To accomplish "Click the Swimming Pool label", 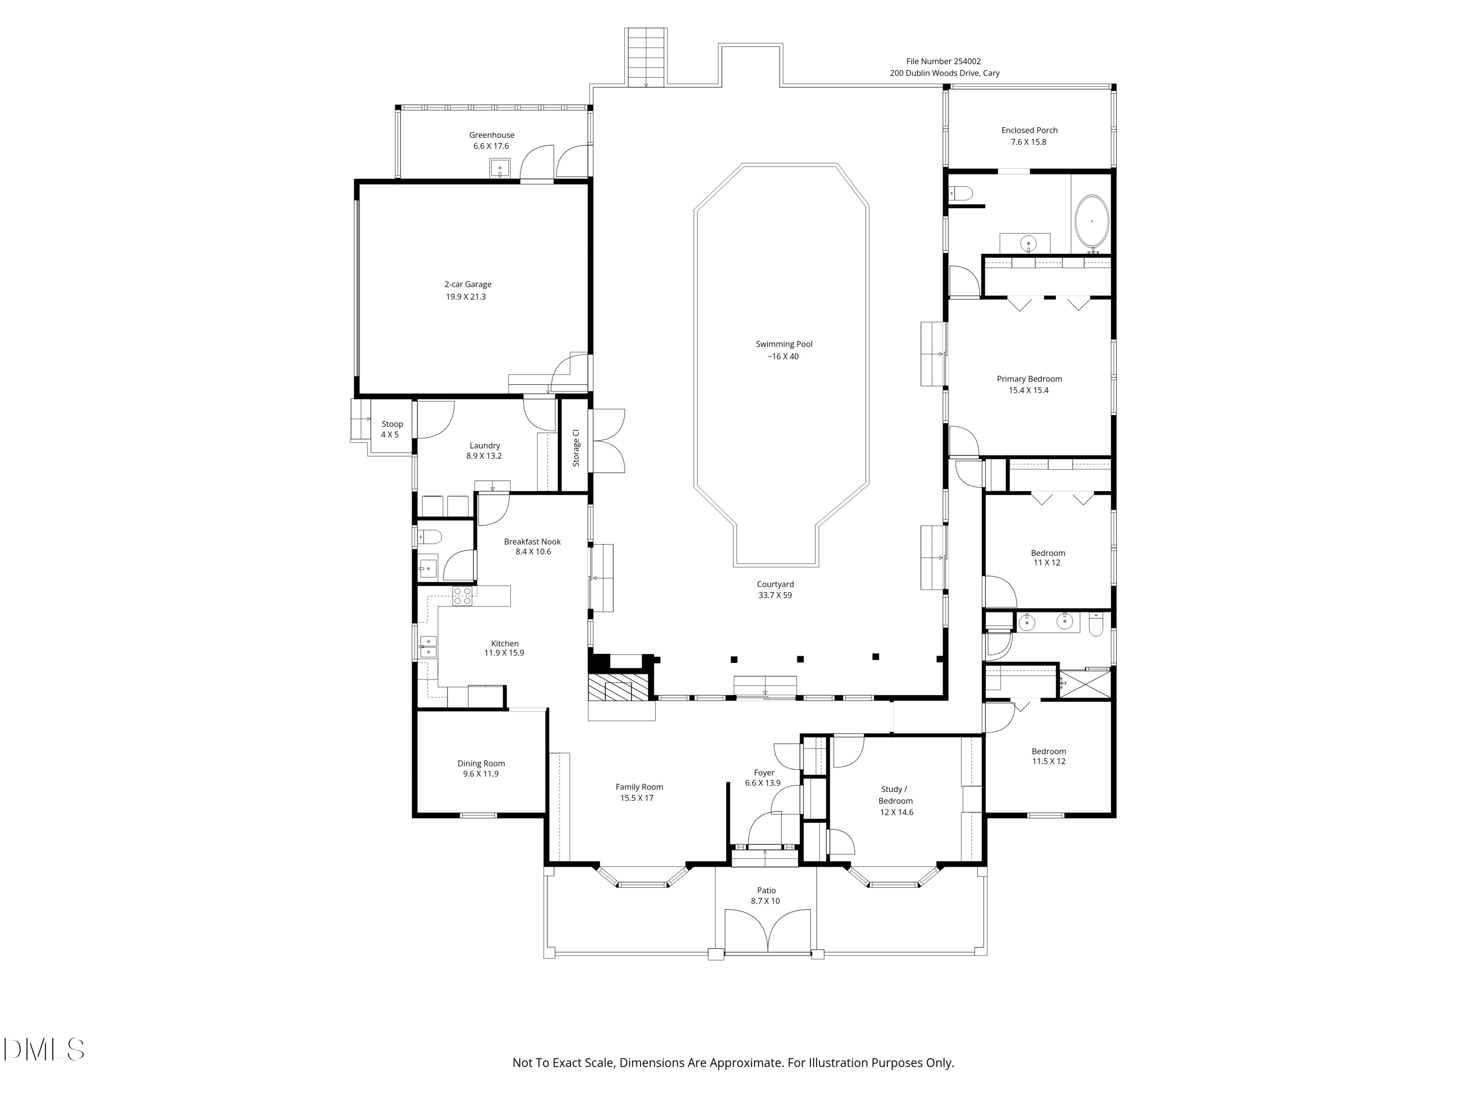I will click(x=783, y=344).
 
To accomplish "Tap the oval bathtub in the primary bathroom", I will click(x=1091, y=221).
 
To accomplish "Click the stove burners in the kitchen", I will click(x=462, y=596).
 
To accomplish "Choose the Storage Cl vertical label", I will click(x=576, y=447).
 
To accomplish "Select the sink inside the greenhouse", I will click(x=499, y=169).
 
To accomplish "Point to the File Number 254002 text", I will click(x=943, y=62).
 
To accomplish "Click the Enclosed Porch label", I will click(x=1029, y=131).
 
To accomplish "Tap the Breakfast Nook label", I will click(x=532, y=542).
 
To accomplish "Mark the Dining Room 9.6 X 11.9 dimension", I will click(x=481, y=774).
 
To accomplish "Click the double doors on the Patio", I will click(x=767, y=932).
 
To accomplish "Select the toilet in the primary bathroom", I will click(x=960, y=194).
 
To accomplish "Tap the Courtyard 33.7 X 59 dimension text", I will click(x=775, y=595).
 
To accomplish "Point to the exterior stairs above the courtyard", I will click(x=646, y=57).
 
